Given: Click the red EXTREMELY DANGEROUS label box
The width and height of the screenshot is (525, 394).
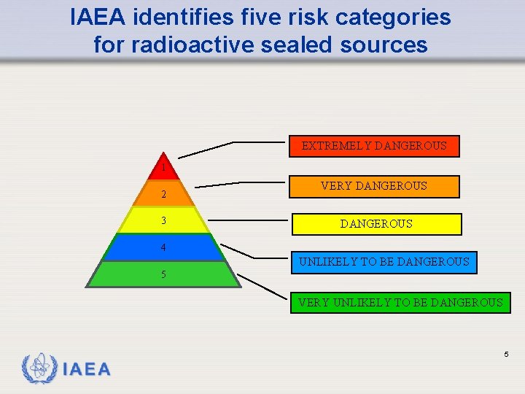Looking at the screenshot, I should coord(374,146).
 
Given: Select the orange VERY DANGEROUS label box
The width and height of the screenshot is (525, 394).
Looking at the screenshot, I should coord(374,186).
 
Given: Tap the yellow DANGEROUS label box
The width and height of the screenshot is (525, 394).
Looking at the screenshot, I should coord(376,224).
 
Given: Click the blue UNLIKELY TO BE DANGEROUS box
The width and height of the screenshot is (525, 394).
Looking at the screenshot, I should coord(384,262).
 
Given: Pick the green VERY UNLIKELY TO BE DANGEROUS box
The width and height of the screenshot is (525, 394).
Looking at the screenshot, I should coord(400,302).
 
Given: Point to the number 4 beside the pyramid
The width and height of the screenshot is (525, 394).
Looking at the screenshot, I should coord(163,247).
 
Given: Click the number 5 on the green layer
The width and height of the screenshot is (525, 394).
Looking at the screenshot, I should coord(163,275).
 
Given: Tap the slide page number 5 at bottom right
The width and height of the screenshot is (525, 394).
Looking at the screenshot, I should coord(505,354).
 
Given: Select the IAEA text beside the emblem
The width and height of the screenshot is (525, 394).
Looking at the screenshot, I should coord(87,369).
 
